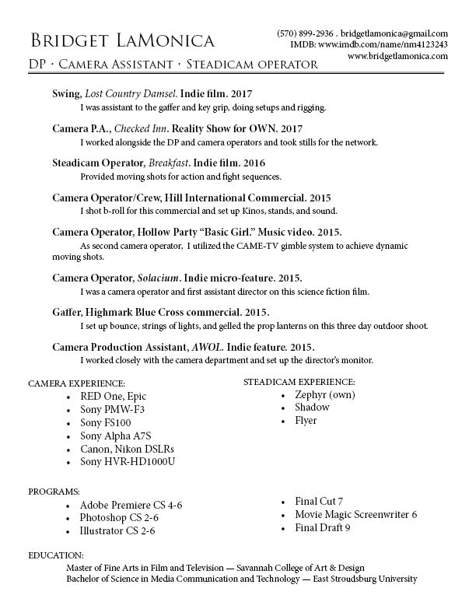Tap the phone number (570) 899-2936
306,34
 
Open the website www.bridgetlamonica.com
397,57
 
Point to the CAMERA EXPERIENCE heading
76,384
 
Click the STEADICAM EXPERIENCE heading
299,382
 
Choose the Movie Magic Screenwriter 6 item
356,514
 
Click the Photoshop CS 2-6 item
119,518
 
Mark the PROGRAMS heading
54,492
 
